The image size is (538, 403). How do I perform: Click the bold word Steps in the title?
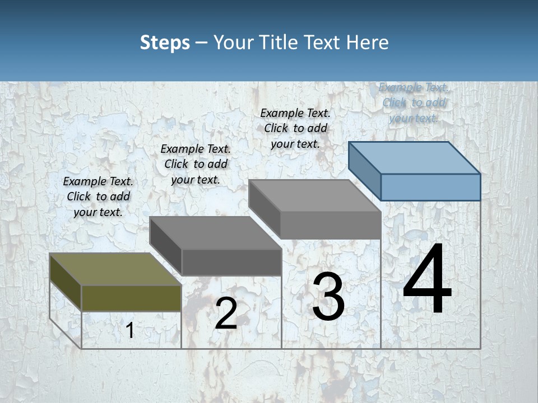click(165, 43)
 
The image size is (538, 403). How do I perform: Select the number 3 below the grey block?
click(328, 297)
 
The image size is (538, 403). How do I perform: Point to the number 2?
click(226, 314)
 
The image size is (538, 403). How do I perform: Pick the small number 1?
click(130, 331)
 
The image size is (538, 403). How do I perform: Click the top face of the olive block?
click(115, 269)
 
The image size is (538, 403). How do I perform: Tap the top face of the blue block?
click(415, 158)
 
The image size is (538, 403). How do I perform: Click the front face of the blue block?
click(430, 187)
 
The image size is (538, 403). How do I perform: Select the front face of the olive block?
click(131, 298)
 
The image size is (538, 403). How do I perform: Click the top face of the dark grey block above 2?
click(215, 233)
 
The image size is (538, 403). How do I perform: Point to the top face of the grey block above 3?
click(314, 196)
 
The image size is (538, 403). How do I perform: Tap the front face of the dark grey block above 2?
click(231, 262)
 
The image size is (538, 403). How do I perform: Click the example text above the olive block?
click(98, 196)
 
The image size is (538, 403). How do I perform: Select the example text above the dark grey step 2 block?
click(196, 164)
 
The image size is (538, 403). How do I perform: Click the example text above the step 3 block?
click(295, 128)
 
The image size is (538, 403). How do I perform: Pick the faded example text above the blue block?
click(413, 102)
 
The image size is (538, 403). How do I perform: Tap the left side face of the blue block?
click(365, 171)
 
